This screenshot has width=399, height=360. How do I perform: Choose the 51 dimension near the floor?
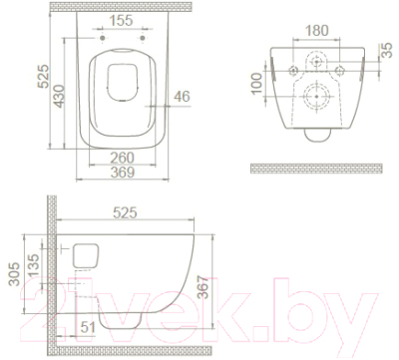pyautogui.click(x=87, y=325)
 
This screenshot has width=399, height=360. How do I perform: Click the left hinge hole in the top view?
pyautogui.click(x=100, y=45)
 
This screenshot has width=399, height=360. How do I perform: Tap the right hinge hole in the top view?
pyautogui.click(x=143, y=45)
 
